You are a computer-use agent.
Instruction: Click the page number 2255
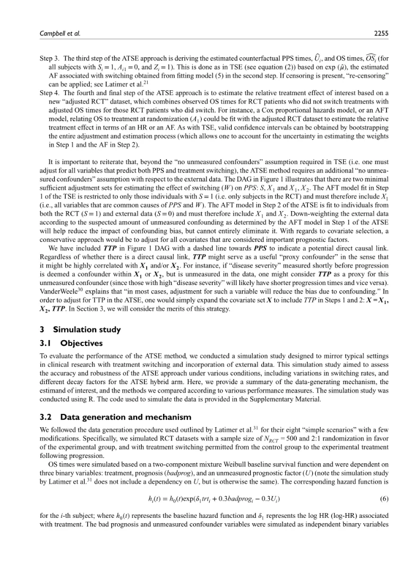(380, 33)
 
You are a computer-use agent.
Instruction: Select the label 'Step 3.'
(52, 57)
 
